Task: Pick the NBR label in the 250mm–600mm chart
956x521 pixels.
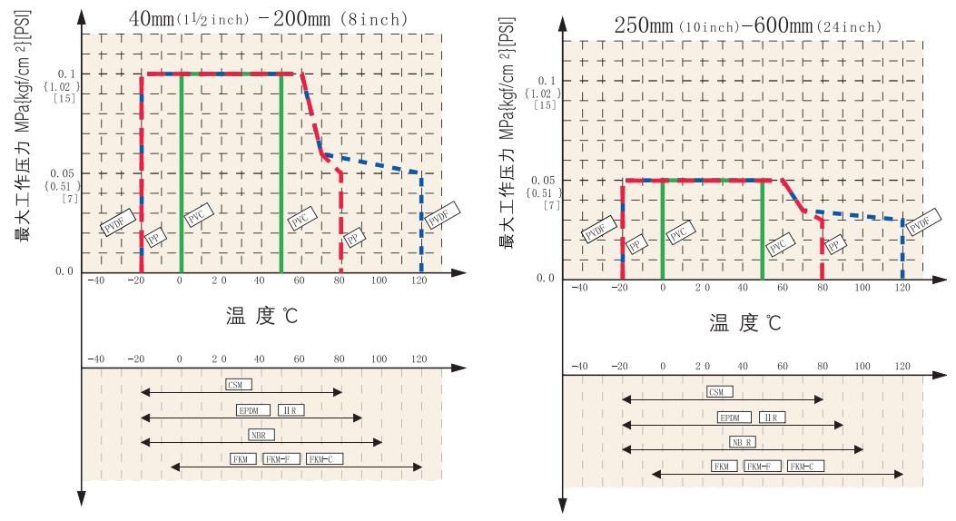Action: (x=743, y=442)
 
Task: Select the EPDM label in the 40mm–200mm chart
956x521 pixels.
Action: (x=249, y=410)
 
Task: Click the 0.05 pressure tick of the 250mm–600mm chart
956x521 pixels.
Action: (x=542, y=181)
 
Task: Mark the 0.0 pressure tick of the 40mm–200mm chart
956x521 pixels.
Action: (x=64, y=270)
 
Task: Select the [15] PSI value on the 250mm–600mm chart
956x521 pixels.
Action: (x=546, y=105)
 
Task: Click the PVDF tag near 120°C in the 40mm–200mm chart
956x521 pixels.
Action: (x=442, y=219)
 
